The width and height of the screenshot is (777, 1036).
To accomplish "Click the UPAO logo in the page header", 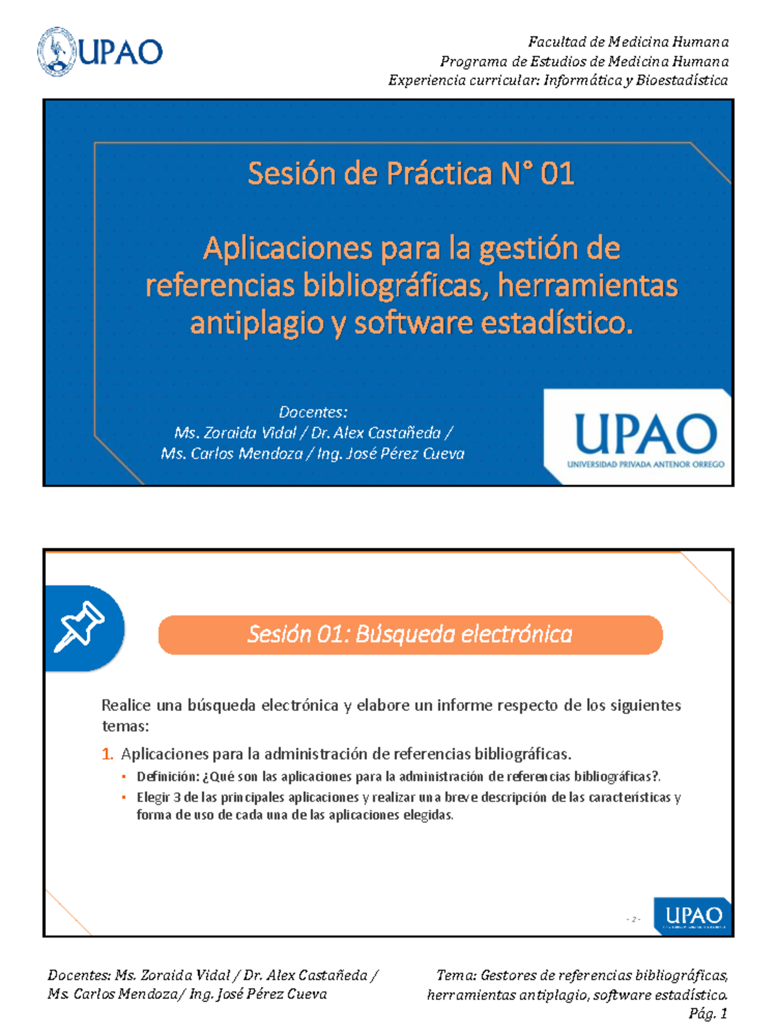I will [100, 52].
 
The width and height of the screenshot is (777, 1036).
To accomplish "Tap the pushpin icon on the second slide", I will [80, 626].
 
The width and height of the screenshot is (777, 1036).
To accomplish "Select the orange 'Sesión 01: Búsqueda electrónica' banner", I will [410, 635].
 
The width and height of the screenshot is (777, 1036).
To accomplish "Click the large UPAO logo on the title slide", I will [645, 436].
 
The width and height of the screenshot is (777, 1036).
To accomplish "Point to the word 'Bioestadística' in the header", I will [682, 80].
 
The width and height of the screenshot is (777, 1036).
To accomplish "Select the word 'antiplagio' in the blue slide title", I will [257, 323].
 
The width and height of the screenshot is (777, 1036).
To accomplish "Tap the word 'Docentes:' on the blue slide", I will [313, 412].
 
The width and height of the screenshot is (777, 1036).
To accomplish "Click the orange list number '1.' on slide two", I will [107, 754].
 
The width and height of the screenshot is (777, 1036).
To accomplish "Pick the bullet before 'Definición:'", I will [124, 776].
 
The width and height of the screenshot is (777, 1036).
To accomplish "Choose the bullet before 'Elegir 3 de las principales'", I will [124, 797].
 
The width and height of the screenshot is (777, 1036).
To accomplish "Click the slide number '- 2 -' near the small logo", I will [633, 919].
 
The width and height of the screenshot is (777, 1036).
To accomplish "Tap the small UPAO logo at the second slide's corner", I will [693, 916].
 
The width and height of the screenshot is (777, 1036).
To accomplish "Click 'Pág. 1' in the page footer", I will [708, 1014].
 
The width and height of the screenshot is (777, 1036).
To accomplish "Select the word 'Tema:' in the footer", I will [456, 975].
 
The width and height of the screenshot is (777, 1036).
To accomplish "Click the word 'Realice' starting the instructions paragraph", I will [126, 705].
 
